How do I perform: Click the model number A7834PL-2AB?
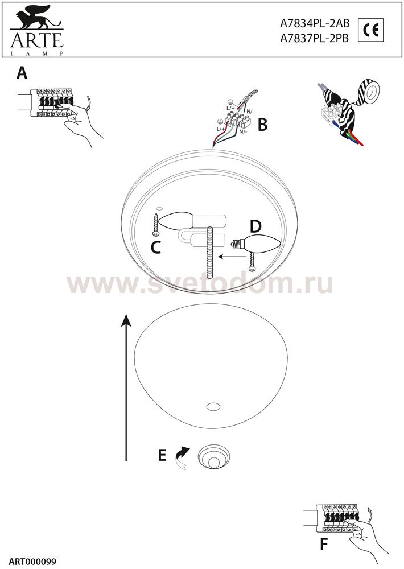coord(315,23)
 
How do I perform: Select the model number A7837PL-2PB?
coord(314,39)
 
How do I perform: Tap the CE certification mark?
coord(370,30)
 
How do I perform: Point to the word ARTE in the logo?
coord(36,40)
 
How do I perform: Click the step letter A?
coord(22,73)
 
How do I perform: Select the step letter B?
coord(262,125)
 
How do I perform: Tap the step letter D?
coord(255,227)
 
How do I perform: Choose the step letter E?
coord(162,455)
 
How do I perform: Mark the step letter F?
coord(324,545)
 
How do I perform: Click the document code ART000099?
coord(32,562)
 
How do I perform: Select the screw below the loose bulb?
coord(252,262)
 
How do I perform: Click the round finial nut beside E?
coord(214,457)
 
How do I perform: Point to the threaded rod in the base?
coord(210,252)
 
